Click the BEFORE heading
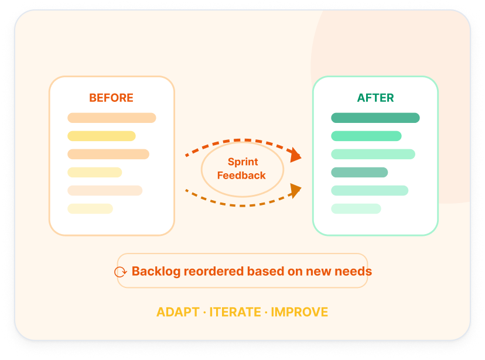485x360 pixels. click(x=111, y=98)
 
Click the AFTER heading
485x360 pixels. click(x=375, y=98)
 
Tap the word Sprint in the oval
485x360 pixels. click(x=243, y=162)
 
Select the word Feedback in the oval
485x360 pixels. click(x=241, y=176)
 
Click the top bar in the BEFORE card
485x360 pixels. click(x=112, y=118)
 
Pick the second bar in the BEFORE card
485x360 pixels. click(x=101, y=136)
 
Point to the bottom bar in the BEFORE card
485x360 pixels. click(x=90, y=208)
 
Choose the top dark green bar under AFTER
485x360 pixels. click(x=375, y=118)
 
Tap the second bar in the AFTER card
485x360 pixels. click(x=366, y=136)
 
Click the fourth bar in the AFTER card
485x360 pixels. click(x=360, y=173)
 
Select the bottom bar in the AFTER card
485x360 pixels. click(x=356, y=208)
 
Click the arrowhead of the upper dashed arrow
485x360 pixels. click(x=295, y=155)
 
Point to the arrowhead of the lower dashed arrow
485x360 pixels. click(x=295, y=191)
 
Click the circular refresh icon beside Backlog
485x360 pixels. click(x=120, y=272)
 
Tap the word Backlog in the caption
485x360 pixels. click(x=156, y=272)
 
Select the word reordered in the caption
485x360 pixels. click(x=214, y=271)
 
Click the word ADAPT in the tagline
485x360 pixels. click(x=178, y=312)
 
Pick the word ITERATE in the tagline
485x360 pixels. click(x=235, y=312)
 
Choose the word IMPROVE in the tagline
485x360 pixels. click(x=299, y=312)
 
